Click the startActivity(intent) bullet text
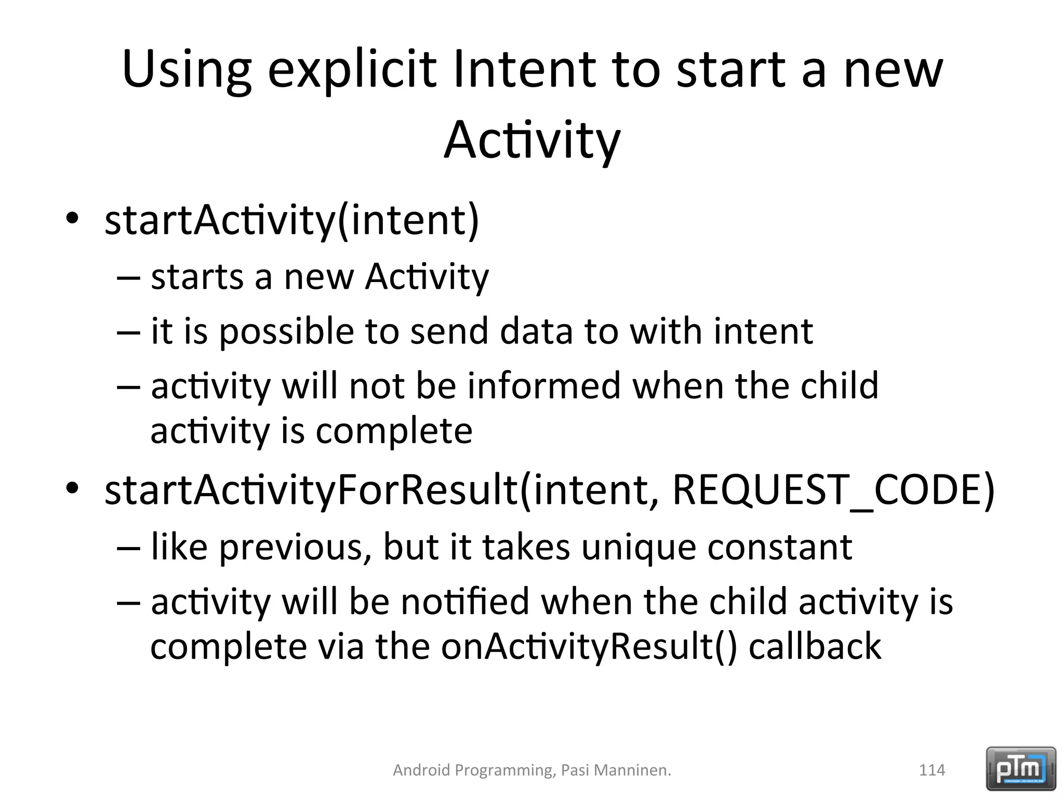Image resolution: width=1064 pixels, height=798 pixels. (x=291, y=220)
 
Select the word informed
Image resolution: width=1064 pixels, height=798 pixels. (x=544, y=386)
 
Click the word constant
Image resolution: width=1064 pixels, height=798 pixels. (x=779, y=547)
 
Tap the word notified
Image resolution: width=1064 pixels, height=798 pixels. (x=465, y=602)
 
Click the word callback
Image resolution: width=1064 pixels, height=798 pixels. (x=815, y=647)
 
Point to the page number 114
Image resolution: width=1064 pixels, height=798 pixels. (x=932, y=770)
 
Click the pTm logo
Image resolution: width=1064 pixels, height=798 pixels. (x=1020, y=769)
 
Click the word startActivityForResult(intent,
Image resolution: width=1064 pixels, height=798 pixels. (x=381, y=490)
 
